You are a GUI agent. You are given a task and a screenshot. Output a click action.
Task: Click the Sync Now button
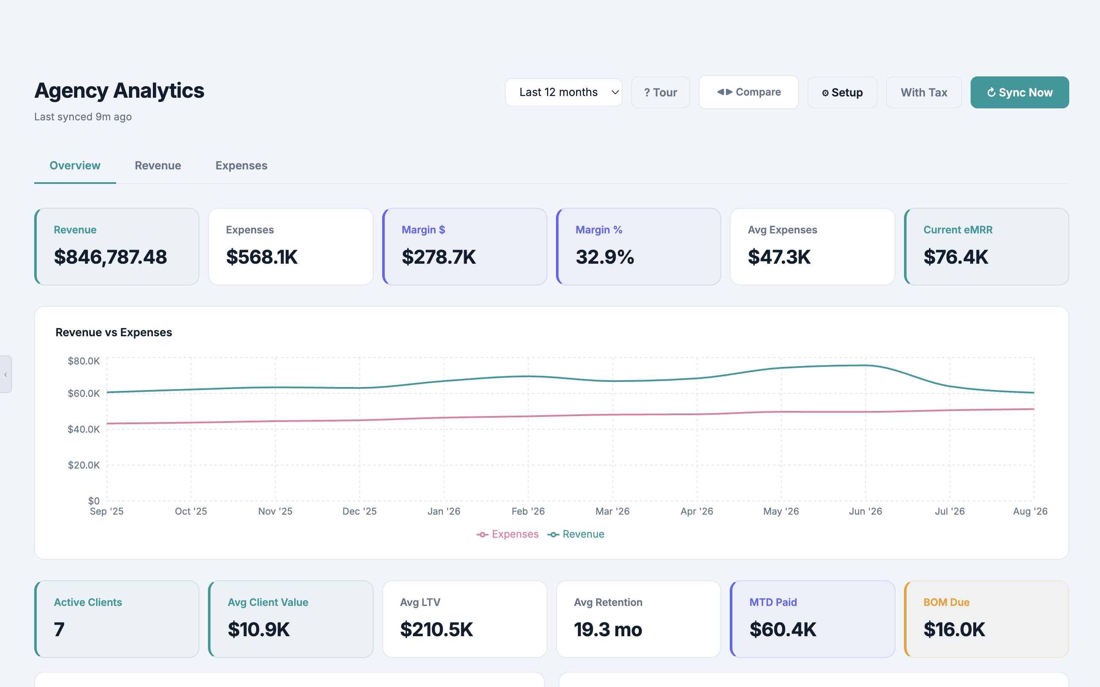click(x=1019, y=92)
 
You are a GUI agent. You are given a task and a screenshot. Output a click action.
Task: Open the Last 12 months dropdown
click(x=563, y=92)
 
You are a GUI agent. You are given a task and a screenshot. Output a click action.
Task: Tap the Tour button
click(x=660, y=92)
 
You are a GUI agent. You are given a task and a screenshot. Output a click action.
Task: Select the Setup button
click(x=842, y=92)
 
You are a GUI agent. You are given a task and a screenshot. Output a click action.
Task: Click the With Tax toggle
click(x=924, y=92)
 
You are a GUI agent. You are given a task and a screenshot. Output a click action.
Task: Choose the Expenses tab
click(x=241, y=166)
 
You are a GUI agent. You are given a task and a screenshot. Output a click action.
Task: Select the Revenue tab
click(x=158, y=166)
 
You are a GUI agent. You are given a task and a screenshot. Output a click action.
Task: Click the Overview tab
click(x=75, y=166)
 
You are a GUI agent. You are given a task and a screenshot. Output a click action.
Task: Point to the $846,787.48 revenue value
click(x=111, y=257)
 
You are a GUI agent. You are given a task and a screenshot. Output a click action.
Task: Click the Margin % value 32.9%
click(x=605, y=257)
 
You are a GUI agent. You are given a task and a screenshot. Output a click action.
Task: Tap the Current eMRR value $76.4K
click(x=956, y=257)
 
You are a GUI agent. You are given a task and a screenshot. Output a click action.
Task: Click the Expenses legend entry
click(x=507, y=534)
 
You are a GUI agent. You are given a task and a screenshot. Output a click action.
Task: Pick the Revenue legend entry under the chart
click(x=576, y=534)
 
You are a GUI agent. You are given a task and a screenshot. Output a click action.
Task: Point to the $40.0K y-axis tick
click(x=84, y=429)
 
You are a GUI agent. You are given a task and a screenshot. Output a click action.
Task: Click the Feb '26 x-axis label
click(x=528, y=511)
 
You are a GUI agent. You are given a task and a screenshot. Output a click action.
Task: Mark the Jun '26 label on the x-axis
click(x=866, y=511)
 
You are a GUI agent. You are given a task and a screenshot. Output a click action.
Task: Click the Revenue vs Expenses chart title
click(x=114, y=332)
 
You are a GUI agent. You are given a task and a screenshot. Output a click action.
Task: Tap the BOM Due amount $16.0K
click(x=954, y=630)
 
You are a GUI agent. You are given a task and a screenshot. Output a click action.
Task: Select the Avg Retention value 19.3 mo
click(x=608, y=630)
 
